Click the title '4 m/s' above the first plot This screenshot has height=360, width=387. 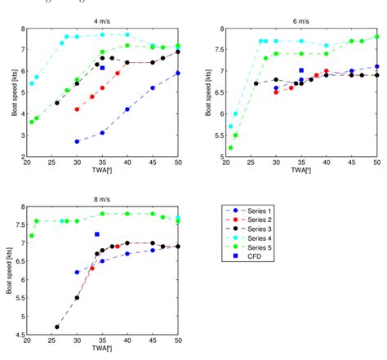(103, 20)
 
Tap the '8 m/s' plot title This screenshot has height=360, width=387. (103, 198)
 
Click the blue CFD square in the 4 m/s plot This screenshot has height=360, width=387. (102, 68)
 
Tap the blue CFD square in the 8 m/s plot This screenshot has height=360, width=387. (96, 234)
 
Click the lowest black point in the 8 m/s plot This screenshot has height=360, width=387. (57, 327)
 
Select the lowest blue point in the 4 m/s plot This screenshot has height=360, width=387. (77, 141)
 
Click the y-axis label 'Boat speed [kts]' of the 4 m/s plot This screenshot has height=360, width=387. (14, 91)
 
